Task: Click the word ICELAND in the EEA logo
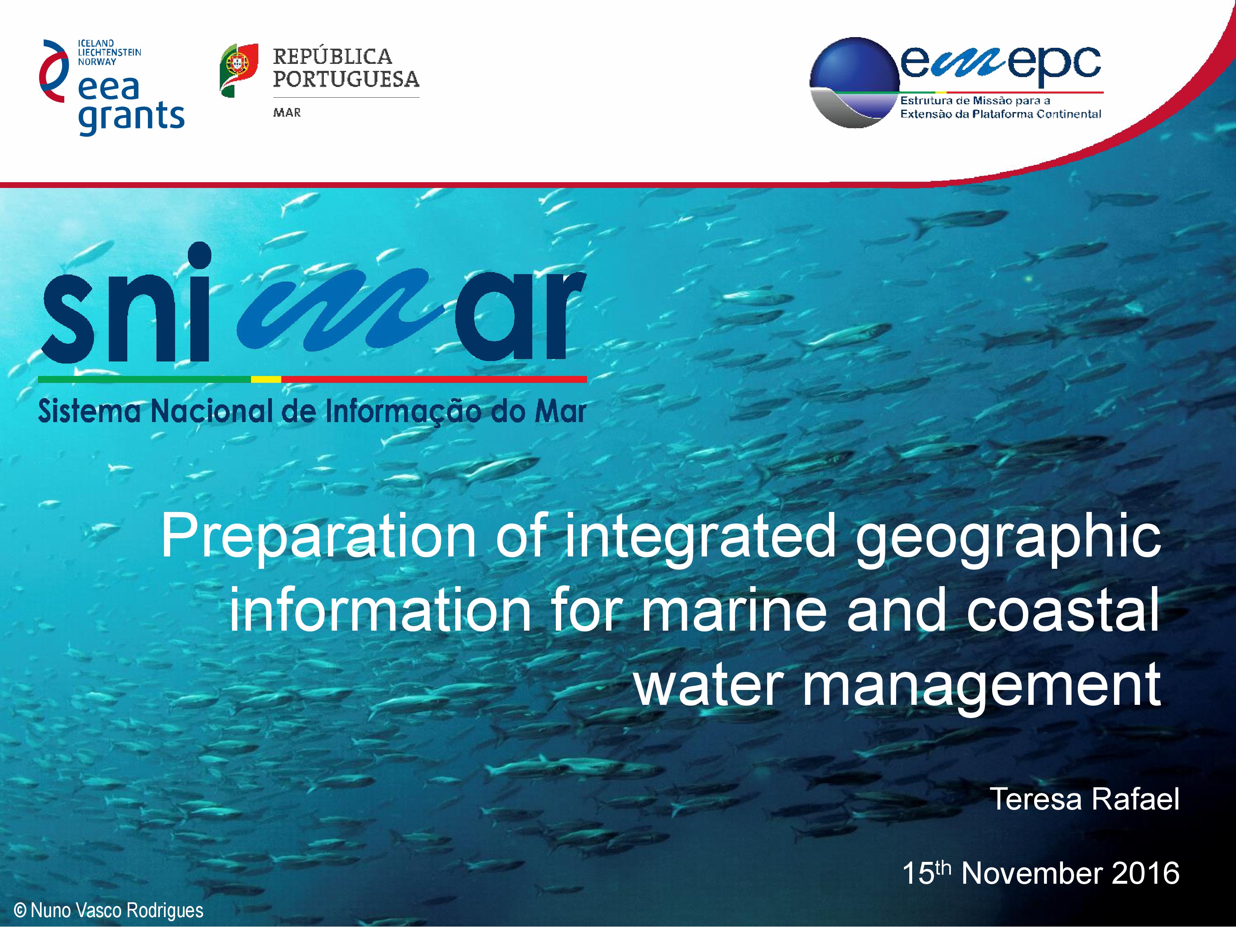[96, 43]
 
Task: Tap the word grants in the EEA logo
[131, 117]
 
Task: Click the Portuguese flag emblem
[239, 70]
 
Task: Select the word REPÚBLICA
[332, 56]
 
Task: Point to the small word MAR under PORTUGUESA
[287, 113]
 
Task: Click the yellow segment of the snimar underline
[266, 379]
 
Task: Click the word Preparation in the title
[318, 537]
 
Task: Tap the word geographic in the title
[1009, 538]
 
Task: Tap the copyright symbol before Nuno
[20, 910]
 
